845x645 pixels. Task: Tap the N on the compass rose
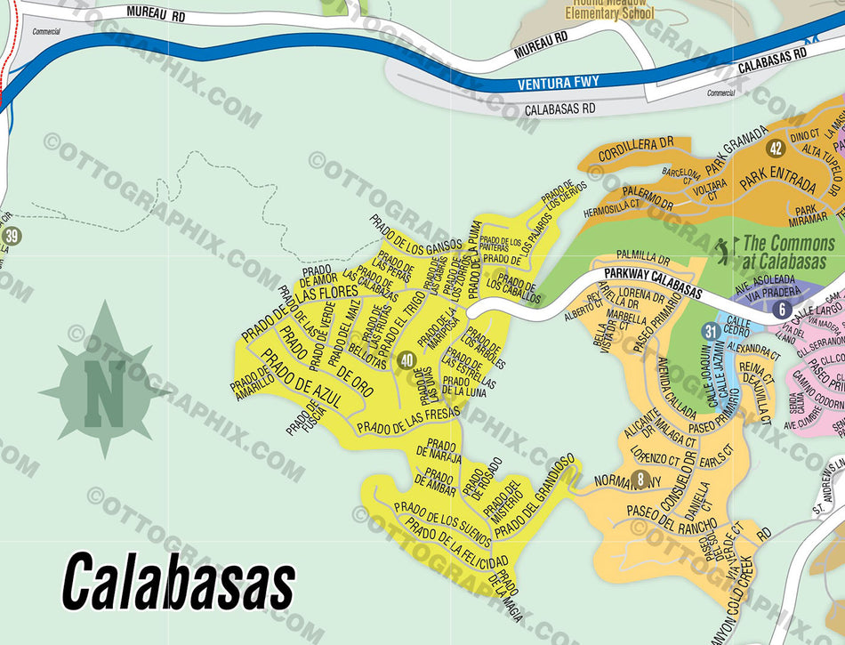[104, 392]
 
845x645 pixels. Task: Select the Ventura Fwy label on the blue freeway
[559, 84]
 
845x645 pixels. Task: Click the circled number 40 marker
[406, 360]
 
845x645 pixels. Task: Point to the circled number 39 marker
[12, 237]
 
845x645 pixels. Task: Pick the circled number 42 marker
[776, 149]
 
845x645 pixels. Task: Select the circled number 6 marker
[781, 310]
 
